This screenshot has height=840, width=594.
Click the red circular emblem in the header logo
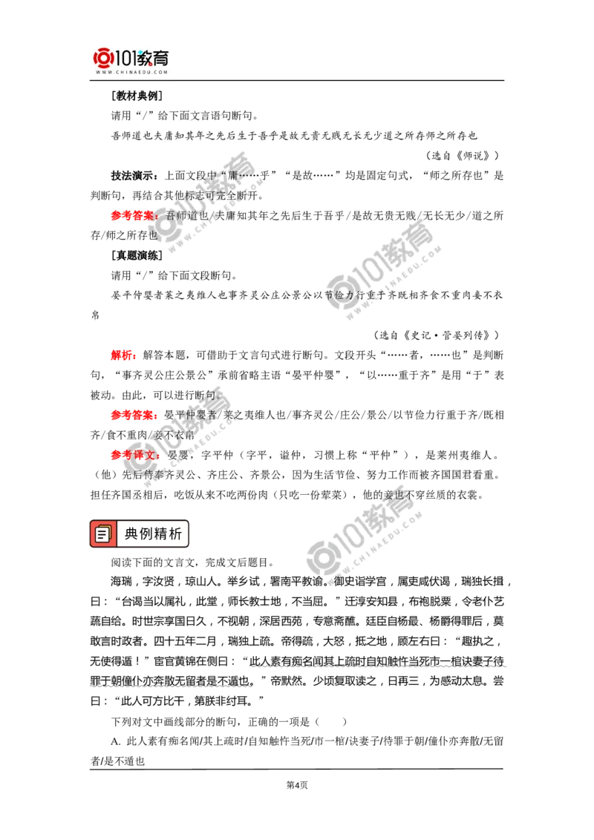pyautogui.click(x=102, y=58)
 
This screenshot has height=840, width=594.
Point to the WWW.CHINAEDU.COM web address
pyautogui.click(x=131, y=73)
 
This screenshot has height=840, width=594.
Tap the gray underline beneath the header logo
pyautogui.click(x=131, y=81)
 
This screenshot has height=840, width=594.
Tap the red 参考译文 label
pyautogui.click(x=134, y=455)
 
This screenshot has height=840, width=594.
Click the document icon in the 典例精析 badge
pyautogui.click(x=103, y=534)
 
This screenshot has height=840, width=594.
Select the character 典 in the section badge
pyautogui.click(x=131, y=534)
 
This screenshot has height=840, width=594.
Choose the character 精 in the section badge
pyautogui.click(x=163, y=534)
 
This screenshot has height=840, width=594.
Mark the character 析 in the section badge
pyautogui.click(x=177, y=534)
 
